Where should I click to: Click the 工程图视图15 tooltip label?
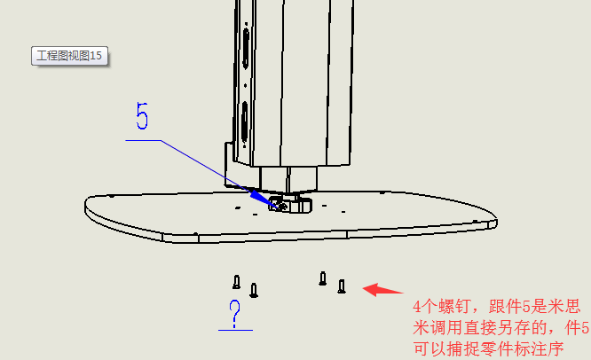pyautogui.click(x=69, y=56)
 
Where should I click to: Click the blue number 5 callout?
pyautogui.click(x=142, y=116)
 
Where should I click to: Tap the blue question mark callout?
pyautogui.click(x=235, y=313)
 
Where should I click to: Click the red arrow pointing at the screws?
pyautogui.click(x=383, y=290)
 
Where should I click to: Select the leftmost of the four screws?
pyautogui.click(x=236, y=282)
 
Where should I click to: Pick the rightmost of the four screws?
pyautogui.click(x=342, y=286)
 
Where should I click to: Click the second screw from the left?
pyautogui.click(x=254, y=290)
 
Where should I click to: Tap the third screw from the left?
pyautogui.click(x=323, y=278)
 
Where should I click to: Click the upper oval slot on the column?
pyautogui.click(x=246, y=47)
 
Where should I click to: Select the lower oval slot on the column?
pyautogui.click(x=245, y=122)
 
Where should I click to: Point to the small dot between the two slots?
pyautogui.click(x=246, y=85)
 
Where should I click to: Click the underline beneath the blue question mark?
pyautogui.click(x=235, y=330)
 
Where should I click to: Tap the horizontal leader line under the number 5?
pyautogui.click(x=143, y=140)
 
